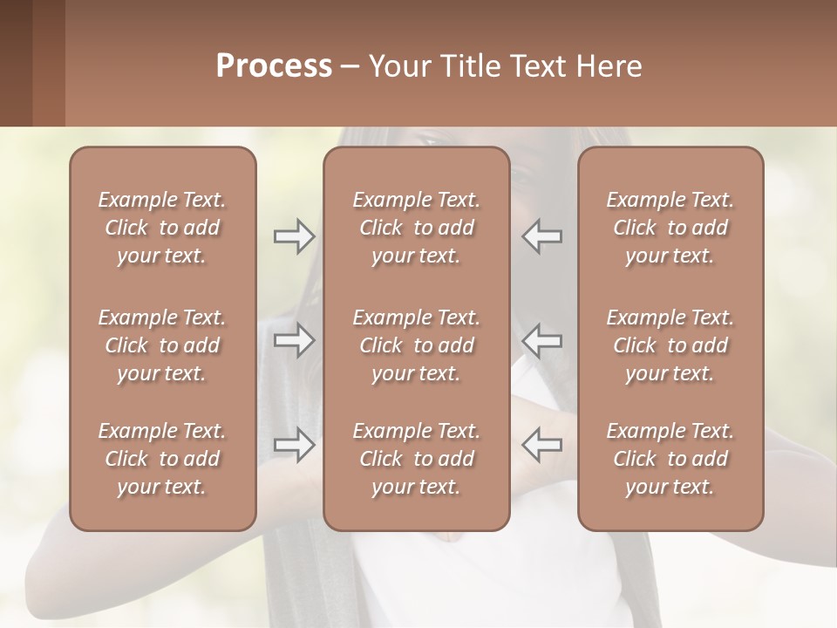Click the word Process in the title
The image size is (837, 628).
click(x=274, y=66)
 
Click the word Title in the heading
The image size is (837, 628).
click(x=471, y=66)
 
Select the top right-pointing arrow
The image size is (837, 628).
click(x=294, y=236)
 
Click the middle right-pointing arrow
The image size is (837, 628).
click(x=294, y=340)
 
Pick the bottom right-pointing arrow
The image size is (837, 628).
click(x=294, y=444)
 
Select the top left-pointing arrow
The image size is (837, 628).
click(x=541, y=236)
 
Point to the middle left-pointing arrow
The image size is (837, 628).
click(x=541, y=340)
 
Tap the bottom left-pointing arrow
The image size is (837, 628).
click(x=541, y=444)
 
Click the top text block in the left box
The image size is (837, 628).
click(x=162, y=228)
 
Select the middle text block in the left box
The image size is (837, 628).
click(x=162, y=345)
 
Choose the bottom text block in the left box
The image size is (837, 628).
click(x=162, y=459)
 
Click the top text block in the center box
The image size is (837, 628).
click(x=416, y=228)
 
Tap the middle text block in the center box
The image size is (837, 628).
click(x=416, y=345)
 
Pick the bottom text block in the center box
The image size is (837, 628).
click(x=416, y=459)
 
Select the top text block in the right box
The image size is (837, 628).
click(x=670, y=228)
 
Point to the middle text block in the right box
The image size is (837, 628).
click(x=670, y=345)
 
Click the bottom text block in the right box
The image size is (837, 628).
click(x=670, y=459)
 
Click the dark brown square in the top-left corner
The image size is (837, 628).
click(x=16, y=63)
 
